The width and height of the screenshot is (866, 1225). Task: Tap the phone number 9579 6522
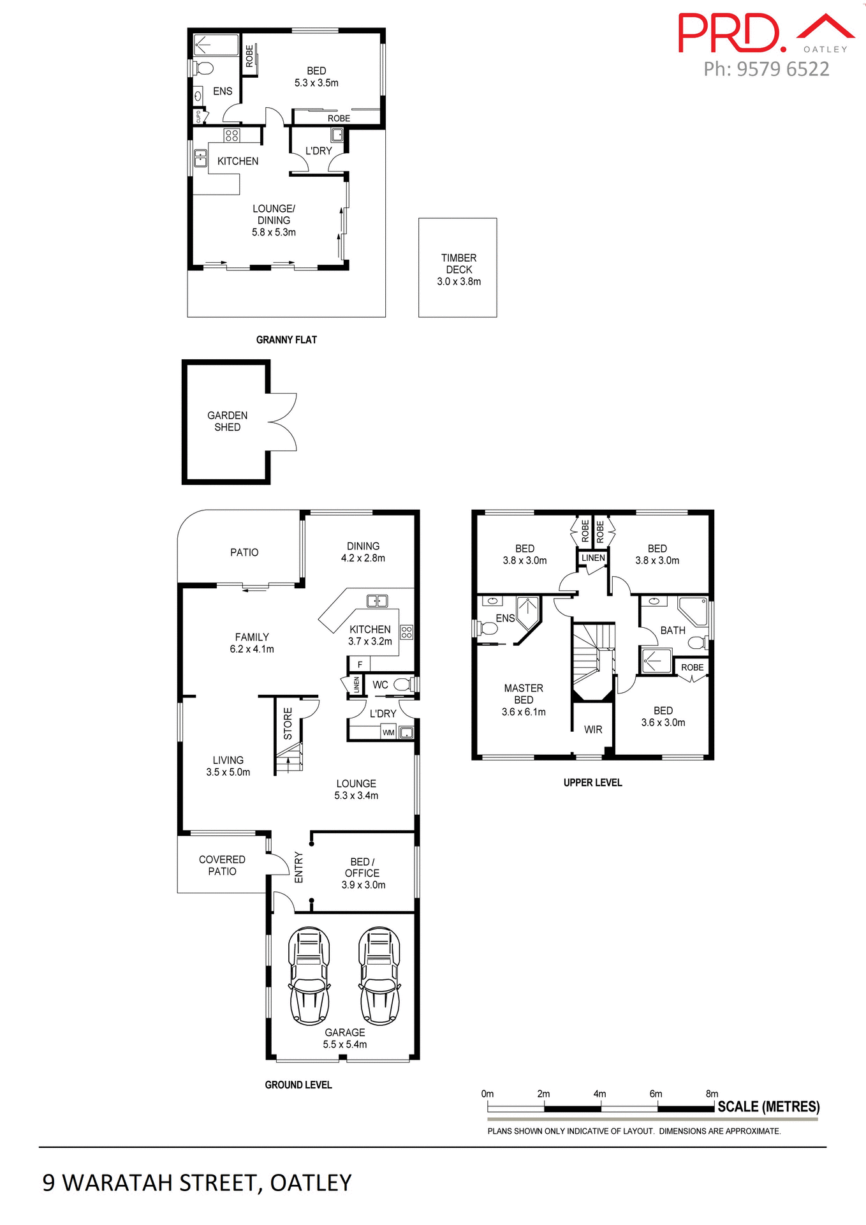tap(766, 69)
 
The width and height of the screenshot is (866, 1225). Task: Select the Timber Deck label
tap(459, 269)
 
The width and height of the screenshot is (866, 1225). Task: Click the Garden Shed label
tap(227, 421)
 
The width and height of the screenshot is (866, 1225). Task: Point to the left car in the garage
tap(309, 976)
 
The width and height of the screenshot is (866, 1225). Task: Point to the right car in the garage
tap(379, 976)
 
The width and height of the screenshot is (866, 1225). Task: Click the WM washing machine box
tap(388, 732)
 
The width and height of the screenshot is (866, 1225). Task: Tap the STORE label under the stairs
tap(288, 724)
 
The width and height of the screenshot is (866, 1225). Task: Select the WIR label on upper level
tap(593, 729)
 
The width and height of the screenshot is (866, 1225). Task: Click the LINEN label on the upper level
tap(593, 558)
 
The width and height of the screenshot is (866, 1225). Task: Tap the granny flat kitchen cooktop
tap(231, 135)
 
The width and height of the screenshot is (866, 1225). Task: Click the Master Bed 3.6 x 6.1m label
tap(524, 700)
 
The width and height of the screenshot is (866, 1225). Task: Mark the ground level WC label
tap(380, 685)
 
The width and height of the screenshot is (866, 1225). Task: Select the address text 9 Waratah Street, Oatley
tap(197, 1183)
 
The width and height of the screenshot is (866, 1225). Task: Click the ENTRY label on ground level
tap(298, 868)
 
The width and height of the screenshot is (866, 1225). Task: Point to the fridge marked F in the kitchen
tap(360, 665)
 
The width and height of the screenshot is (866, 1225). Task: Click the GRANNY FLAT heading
tap(286, 340)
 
